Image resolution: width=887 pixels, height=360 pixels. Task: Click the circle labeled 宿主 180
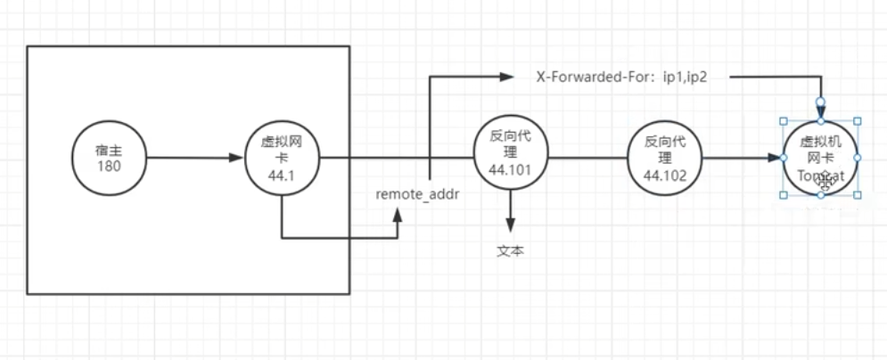(107, 159)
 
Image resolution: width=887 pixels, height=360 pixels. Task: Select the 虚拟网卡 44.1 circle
(282, 159)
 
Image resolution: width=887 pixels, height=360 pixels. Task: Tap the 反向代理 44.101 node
(510, 159)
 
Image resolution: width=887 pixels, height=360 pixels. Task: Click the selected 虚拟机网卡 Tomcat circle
(820, 158)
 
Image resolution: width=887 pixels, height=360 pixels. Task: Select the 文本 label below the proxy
(510, 250)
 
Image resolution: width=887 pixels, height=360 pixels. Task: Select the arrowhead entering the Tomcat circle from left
(776, 159)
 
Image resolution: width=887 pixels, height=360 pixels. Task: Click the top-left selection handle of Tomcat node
(784, 121)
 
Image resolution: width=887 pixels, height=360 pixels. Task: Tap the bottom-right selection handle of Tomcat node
(858, 194)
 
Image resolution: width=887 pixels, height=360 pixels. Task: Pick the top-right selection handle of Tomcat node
(858, 121)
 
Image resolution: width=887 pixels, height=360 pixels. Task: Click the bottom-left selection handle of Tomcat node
(784, 194)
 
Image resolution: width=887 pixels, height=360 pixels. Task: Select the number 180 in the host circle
(107, 167)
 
